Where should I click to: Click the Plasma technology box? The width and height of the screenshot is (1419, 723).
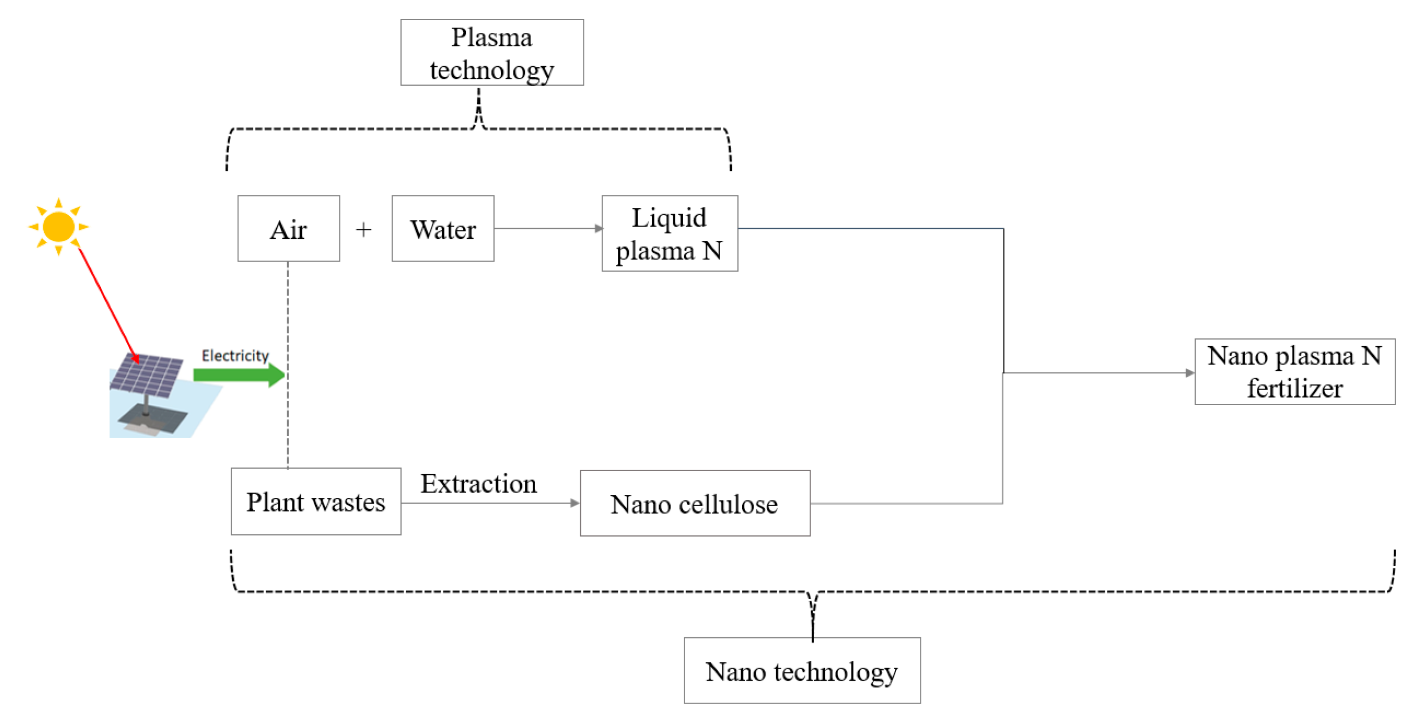(492, 53)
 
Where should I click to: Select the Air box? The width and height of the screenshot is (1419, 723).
(288, 228)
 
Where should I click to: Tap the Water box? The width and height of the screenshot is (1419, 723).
(443, 228)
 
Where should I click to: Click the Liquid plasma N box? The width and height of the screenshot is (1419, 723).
(669, 233)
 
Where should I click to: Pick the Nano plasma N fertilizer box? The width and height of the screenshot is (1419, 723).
(1294, 371)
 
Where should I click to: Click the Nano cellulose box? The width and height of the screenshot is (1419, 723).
(694, 503)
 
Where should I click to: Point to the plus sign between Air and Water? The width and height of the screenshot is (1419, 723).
(364, 229)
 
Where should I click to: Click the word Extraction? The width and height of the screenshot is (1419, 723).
(478, 483)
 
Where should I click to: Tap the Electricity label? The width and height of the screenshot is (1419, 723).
(235, 356)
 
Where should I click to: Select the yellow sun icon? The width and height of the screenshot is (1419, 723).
(58, 227)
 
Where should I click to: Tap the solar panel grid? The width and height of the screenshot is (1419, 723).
(147, 375)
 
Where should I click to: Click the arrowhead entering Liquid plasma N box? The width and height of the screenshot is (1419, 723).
(599, 228)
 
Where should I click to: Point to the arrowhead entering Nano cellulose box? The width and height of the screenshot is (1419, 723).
(575, 503)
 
